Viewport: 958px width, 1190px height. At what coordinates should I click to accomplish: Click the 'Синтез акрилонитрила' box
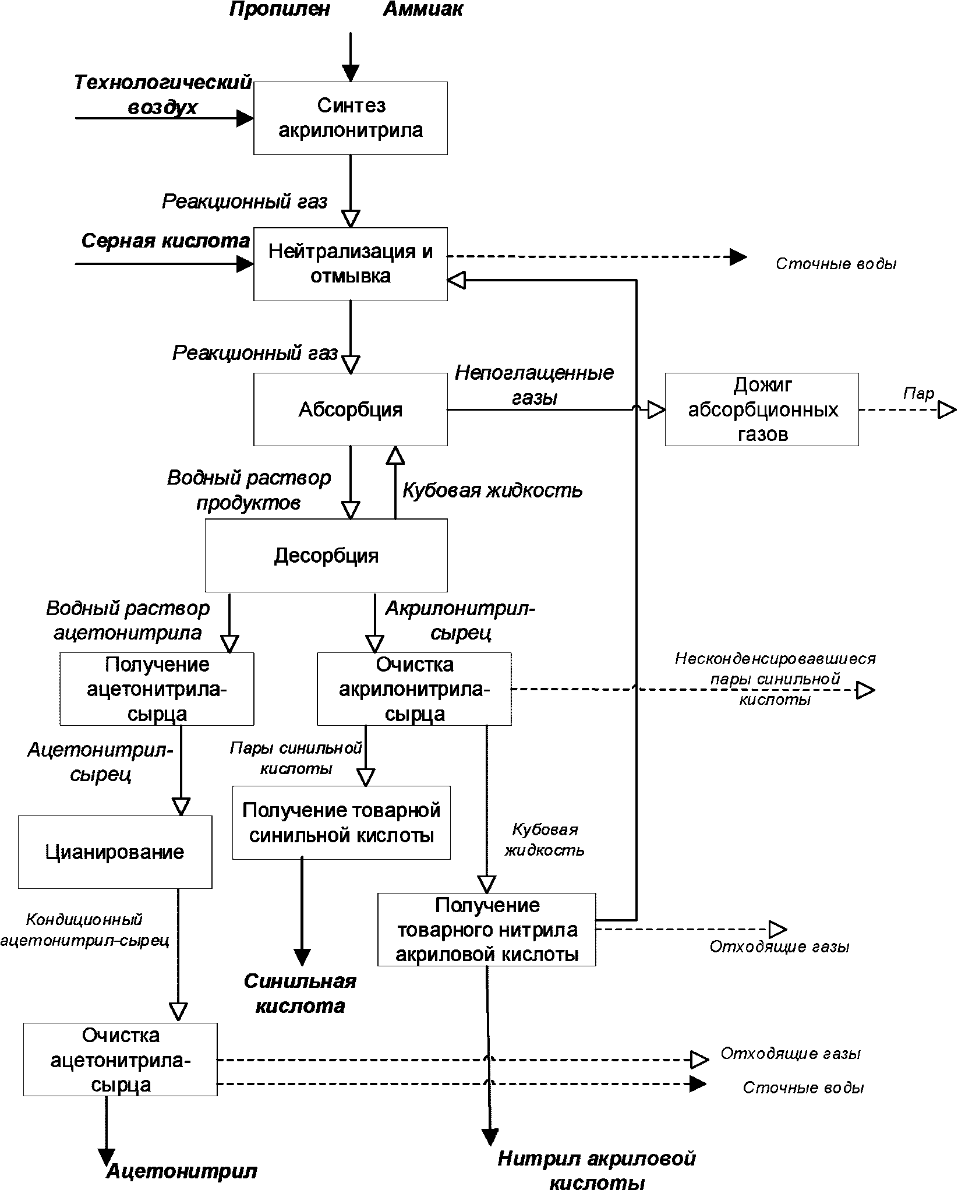(351, 118)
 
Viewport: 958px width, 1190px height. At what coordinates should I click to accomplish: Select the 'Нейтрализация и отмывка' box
(351, 264)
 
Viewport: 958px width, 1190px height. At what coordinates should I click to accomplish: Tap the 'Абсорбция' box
(351, 409)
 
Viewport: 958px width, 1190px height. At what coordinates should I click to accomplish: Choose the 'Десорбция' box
(326, 555)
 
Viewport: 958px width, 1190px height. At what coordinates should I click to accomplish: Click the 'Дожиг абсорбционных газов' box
(762, 409)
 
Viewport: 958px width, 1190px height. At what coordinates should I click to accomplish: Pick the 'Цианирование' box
(115, 852)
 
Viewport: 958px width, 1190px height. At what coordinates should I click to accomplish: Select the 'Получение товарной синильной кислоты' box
(341, 822)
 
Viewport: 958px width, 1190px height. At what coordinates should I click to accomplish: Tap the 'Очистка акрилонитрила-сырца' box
(414, 689)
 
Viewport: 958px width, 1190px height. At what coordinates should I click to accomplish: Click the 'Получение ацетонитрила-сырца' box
(157, 689)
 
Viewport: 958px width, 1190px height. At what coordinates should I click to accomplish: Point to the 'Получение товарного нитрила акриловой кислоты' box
(486, 930)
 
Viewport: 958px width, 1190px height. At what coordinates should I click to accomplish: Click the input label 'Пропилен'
(280, 9)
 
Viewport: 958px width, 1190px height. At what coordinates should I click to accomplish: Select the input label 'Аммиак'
(423, 9)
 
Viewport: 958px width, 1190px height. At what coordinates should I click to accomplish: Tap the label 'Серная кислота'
(165, 241)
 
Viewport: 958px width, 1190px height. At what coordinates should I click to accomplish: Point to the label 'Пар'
(918, 393)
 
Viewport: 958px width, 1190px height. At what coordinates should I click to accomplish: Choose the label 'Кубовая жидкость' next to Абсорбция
(493, 490)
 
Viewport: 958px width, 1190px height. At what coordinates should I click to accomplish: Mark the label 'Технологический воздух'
(163, 94)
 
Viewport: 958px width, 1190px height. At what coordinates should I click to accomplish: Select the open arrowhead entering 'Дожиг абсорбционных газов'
(657, 410)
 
